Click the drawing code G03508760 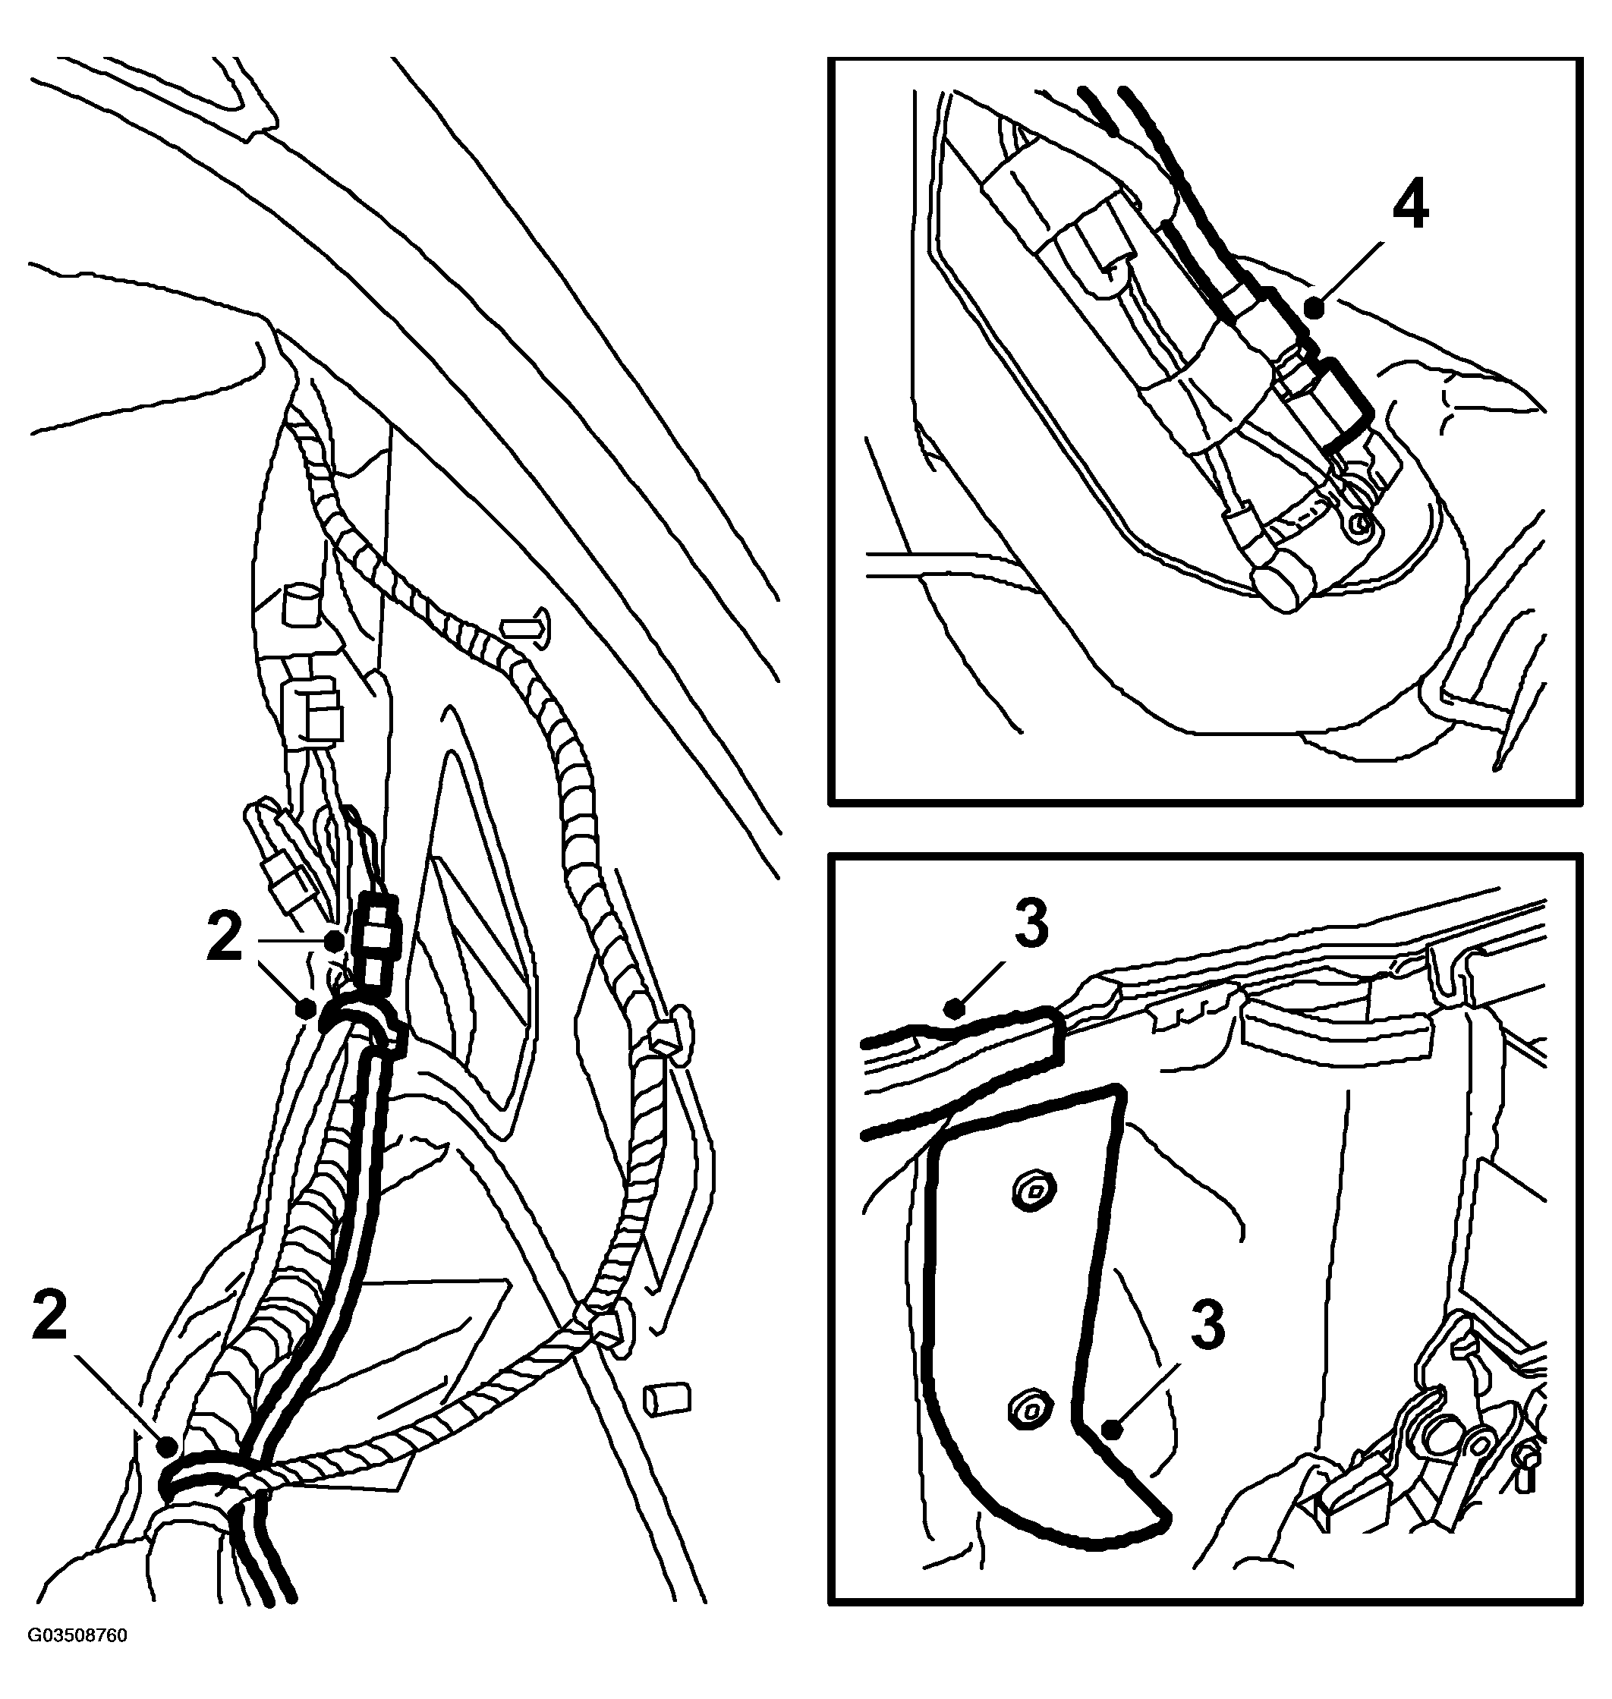[77, 1660]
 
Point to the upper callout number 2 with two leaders [225, 939]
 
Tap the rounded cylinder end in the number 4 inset [1284, 587]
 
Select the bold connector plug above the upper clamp [377, 940]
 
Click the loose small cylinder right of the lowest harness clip [667, 1399]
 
